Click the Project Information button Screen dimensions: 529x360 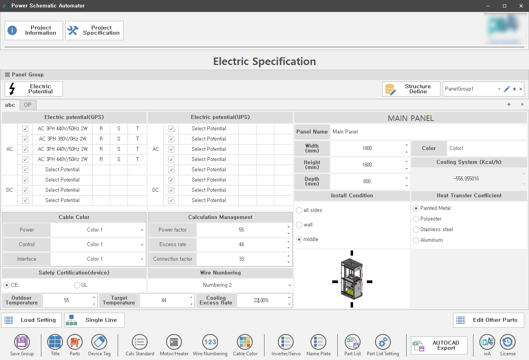pyautogui.click(x=34, y=30)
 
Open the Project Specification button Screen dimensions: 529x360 pyautogui.click(x=94, y=30)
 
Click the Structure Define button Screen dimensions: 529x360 pyautogui.click(x=411, y=89)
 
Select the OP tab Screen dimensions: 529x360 pyautogui.click(x=28, y=105)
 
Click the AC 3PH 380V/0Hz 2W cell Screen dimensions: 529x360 pyautogui.click(x=63, y=139)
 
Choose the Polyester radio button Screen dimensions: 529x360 pyautogui.click(x=416, y=219)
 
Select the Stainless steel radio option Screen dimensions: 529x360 pyautogui.click(x=416, y=230)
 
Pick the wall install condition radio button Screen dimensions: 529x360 pyautogui.click(x=299, y=225)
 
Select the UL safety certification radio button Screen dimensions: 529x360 pyautogui.click(x=77, y=285)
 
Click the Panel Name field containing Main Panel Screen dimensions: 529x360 pyautogui.click(x=428, y=132)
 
